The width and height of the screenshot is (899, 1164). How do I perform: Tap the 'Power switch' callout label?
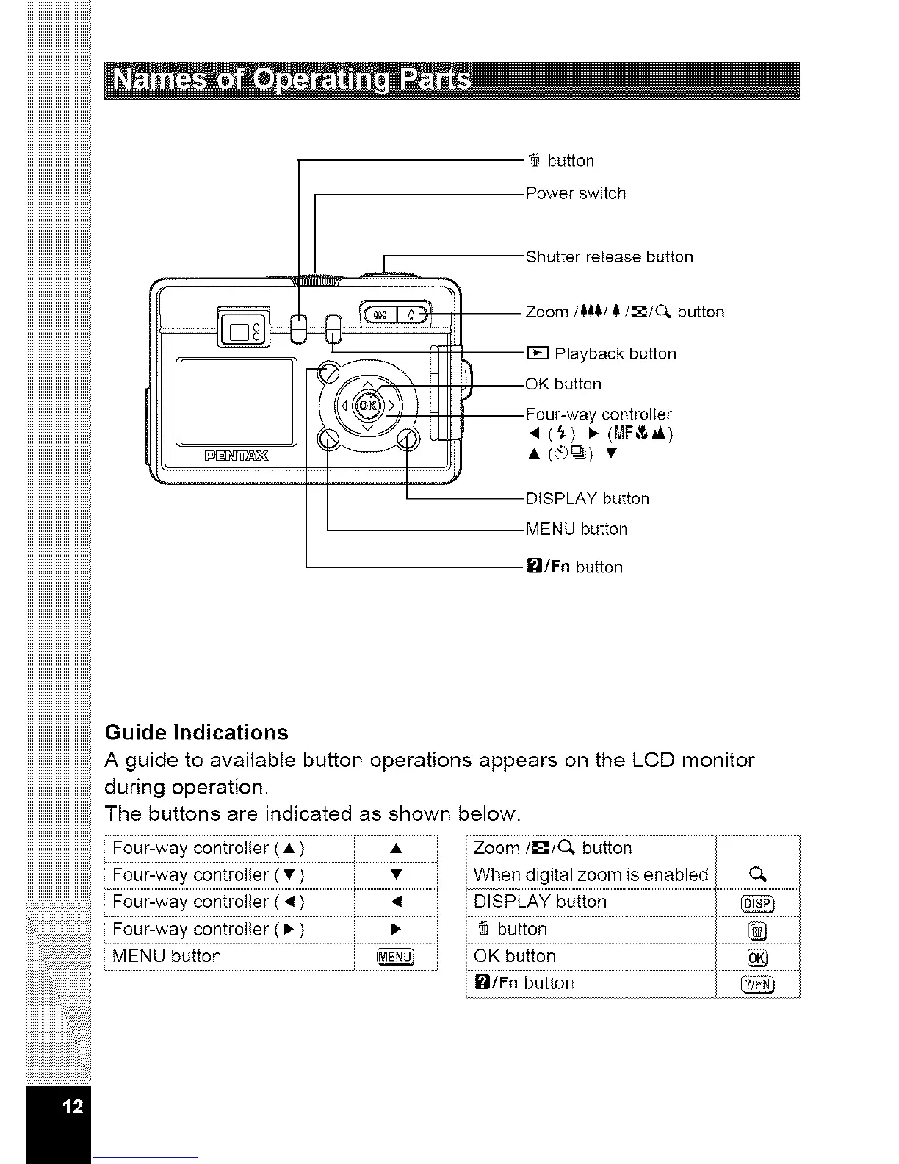click(576, 193)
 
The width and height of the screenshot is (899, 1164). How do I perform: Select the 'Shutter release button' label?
click(609, 257)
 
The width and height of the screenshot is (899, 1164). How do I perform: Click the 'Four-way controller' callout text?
click(599, 414)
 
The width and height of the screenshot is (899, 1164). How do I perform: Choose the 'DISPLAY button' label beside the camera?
click(588, 499)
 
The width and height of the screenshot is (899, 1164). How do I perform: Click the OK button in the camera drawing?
click(369, 404)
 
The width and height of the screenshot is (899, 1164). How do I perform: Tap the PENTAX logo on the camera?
click(236, 456)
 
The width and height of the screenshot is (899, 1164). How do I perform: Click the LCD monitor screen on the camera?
click(235, 401)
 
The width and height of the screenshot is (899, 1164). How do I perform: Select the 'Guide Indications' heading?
click(197, 733)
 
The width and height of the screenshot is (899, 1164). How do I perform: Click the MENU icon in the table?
click(396, 957)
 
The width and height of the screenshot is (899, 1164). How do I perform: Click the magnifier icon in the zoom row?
click(758, 874)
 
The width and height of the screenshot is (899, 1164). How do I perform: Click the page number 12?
click(73, 1107)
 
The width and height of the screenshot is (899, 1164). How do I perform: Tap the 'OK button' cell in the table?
click(515, 956)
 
